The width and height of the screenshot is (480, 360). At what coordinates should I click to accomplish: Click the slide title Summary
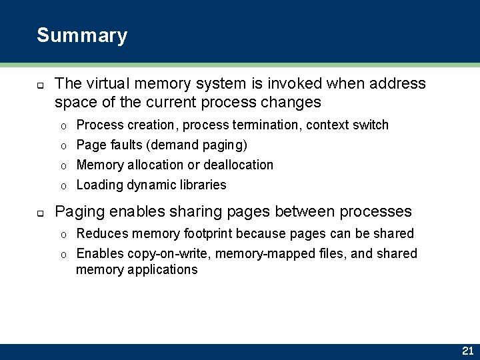click(82, 35)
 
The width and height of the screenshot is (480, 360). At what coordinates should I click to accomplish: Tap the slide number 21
click(467, 351)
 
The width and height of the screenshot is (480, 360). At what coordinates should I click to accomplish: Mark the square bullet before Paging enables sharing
click(40, 214)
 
